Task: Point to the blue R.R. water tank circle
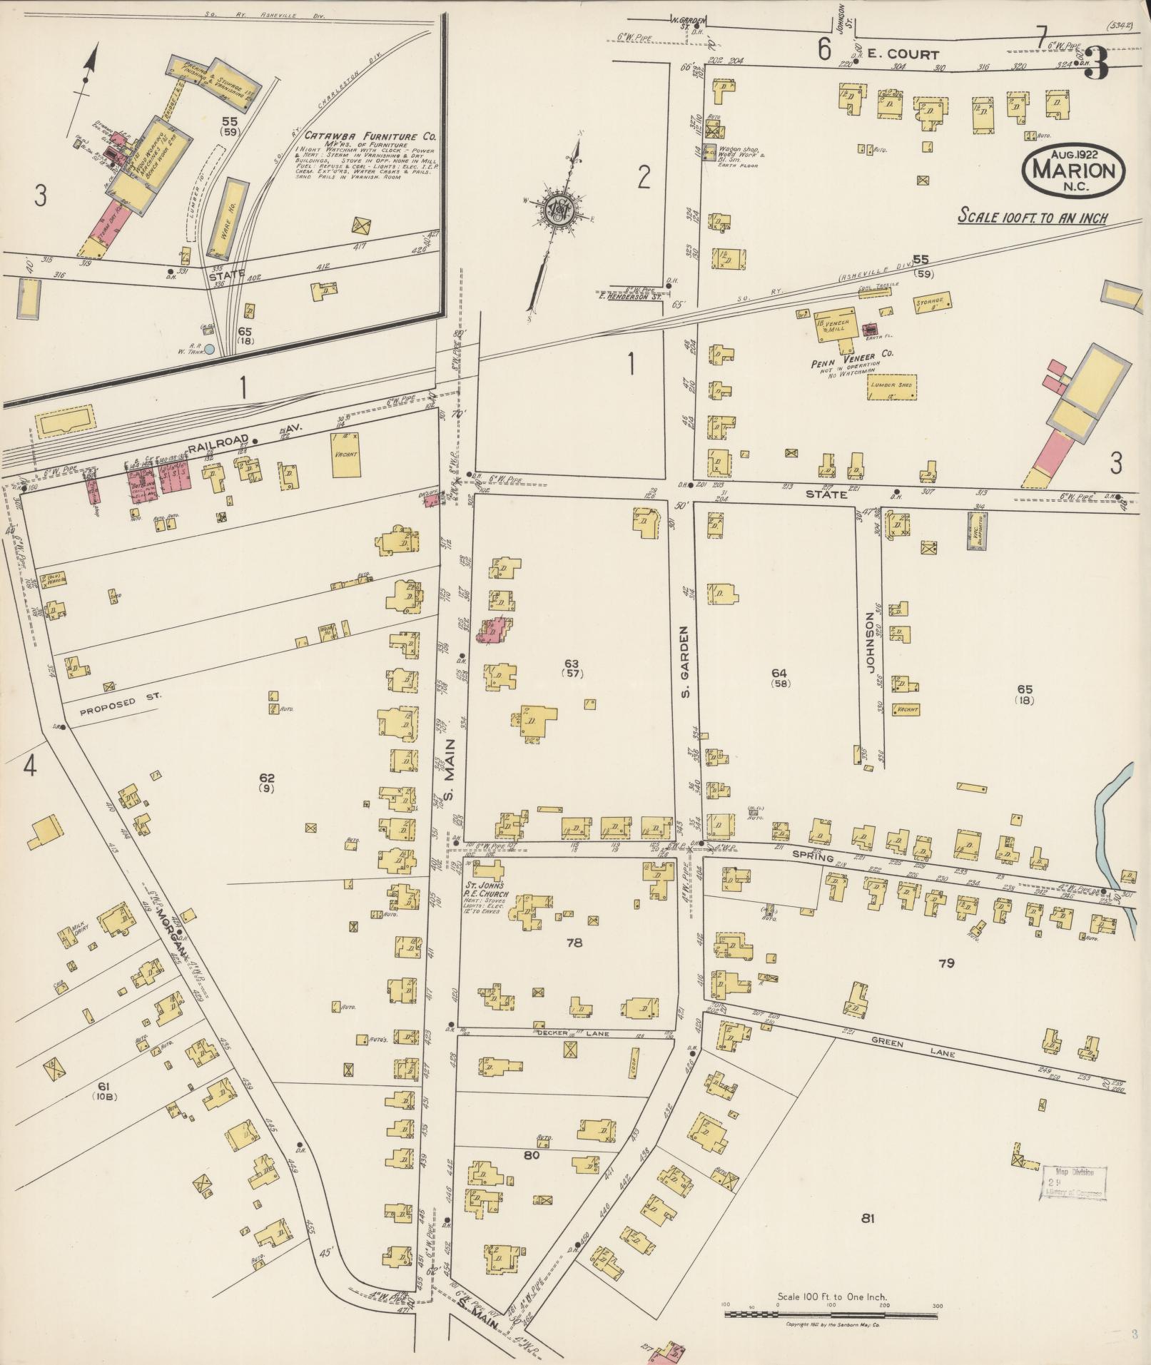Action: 210,350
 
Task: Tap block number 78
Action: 574,943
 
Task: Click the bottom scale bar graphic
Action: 831,1313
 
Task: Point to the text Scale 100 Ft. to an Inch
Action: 1032,216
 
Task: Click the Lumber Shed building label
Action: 891,385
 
